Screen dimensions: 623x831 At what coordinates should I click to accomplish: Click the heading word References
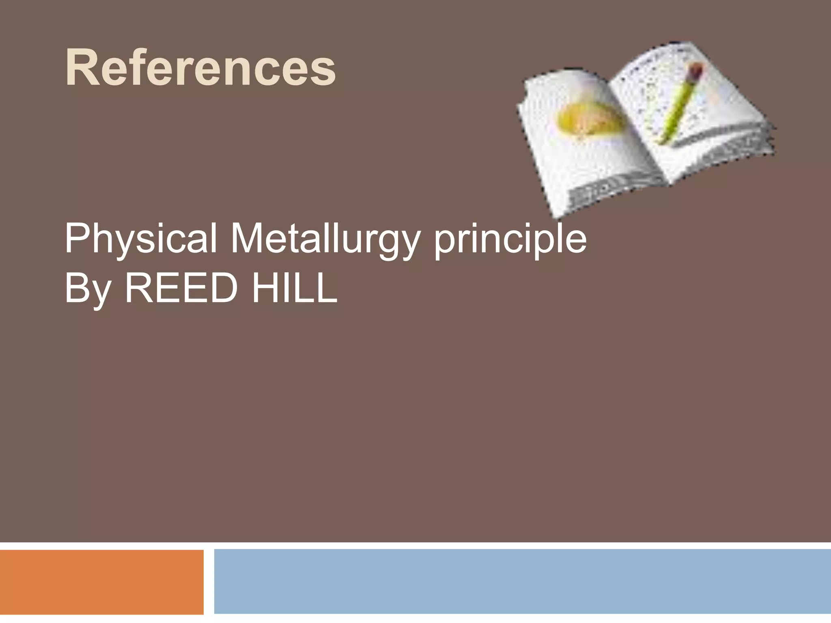[x=200, y=67]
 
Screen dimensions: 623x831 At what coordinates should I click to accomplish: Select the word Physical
[x=140, y=240]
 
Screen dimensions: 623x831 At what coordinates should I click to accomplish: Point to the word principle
[x=510, y=240]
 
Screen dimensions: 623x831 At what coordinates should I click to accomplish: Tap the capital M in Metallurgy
[x=248, y=239]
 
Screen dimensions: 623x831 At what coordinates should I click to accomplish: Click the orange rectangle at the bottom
[x=101, y=582]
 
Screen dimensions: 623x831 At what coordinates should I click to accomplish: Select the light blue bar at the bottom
[x=522, y=582]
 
